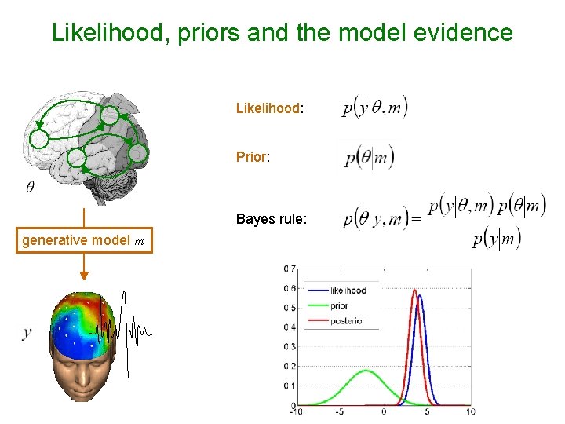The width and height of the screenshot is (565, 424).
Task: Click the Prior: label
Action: [x=253, y=157]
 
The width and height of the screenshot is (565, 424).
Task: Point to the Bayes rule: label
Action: [x=271, y=219]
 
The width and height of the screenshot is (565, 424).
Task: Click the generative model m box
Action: [x=83, y=241]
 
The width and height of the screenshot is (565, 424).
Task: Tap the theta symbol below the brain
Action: [x=30, y=187]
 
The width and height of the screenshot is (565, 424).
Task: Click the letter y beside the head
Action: [x=27, y=332]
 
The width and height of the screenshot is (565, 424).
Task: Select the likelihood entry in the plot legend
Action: [x=348, y=291]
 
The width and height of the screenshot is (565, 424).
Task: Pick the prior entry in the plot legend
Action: [x=339, y=306]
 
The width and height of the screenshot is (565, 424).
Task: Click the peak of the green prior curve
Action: [x=365, y=371]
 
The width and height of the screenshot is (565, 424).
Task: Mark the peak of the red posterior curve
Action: [x=414, y=291]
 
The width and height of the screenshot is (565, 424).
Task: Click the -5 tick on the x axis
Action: [x=339, y=411]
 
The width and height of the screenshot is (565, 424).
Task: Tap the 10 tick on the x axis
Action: [x=470, y=411]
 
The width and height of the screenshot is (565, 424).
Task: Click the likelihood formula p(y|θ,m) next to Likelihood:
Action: [x=375, y=108]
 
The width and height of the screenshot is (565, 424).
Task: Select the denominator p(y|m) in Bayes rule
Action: [x=496, y=239]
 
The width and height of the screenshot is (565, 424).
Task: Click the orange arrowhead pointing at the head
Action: [x=83, y=276]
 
